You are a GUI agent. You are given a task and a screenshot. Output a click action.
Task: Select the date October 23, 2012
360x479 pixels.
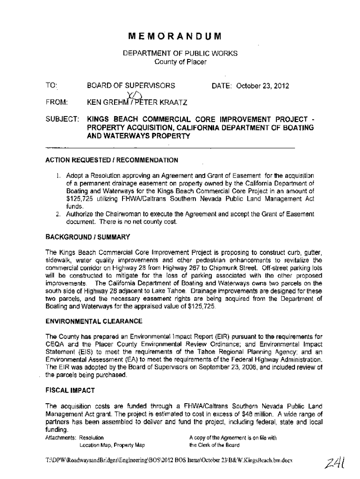point(263,86)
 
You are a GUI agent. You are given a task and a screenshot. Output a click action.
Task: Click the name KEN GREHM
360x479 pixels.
point(104,102)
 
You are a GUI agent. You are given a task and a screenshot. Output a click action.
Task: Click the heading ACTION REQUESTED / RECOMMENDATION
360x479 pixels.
point(111,160)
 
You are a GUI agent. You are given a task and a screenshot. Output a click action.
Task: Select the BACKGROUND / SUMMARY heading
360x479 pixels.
point(87,237)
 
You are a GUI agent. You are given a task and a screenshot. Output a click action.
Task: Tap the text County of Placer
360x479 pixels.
point(180,61)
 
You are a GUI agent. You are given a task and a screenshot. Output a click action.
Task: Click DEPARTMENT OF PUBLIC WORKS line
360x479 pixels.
point(180,53)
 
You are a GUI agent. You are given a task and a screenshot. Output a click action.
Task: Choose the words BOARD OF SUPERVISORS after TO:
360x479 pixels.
point(131,86)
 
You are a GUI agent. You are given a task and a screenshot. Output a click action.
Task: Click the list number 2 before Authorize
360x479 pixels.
point(57,214)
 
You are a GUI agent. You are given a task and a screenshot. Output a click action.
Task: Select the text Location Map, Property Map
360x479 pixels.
point(113,445)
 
